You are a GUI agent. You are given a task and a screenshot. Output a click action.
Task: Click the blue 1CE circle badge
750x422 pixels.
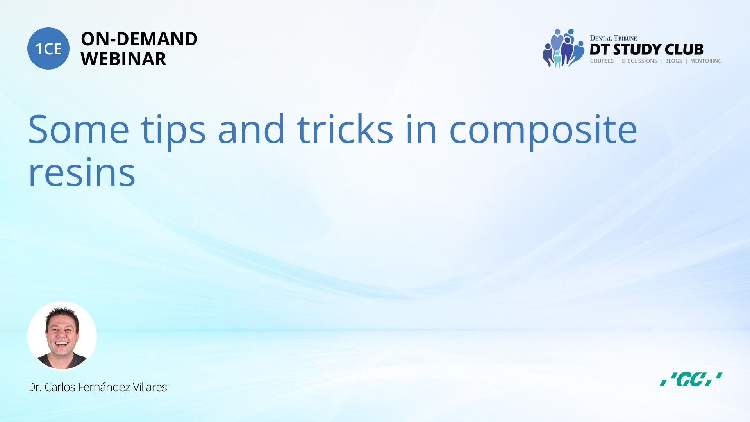[48, 48]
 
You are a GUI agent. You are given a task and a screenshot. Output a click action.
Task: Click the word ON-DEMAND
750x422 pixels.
[139, 39]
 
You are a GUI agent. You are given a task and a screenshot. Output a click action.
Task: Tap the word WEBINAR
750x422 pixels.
[123, 59]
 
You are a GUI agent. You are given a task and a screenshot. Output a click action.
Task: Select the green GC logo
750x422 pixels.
[691, 379]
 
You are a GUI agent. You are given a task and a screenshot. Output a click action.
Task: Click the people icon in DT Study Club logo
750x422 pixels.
[563, 48]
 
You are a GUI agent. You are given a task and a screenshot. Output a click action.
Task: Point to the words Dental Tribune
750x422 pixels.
[613, 38]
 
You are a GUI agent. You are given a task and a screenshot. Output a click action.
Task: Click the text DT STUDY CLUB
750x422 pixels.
[646, 49]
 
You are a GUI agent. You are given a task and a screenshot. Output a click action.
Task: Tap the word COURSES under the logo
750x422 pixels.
[602, 61]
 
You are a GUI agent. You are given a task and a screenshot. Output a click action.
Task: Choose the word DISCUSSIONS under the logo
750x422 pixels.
[639, 61]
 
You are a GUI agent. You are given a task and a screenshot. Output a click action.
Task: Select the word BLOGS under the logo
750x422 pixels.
[673, 61]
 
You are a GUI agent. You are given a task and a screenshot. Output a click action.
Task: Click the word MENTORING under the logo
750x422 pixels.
[706, 61]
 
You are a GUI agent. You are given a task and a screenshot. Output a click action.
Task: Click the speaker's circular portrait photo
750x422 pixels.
[62, 336]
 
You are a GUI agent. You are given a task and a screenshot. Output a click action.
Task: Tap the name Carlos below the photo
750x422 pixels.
[60, 387]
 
